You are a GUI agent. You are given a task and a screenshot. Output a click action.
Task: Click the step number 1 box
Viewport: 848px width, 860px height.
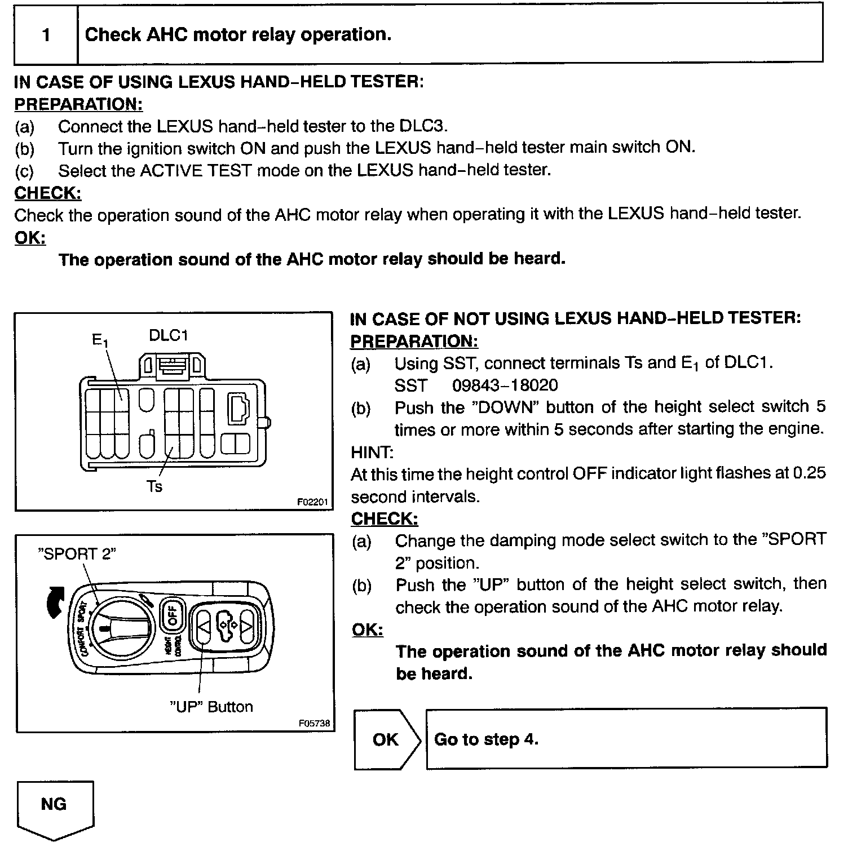click(x=46, y=36)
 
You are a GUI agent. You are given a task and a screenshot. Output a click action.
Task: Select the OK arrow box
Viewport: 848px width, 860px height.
click(x=386, y=739)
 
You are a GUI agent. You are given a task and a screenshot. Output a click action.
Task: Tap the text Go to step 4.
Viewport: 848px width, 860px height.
click(x=486, y=739)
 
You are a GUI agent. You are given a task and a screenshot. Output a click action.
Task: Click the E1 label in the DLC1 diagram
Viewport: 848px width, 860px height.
click(x=99, y=340)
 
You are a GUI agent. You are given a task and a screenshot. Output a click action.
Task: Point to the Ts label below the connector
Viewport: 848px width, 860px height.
click(x=154, y=486)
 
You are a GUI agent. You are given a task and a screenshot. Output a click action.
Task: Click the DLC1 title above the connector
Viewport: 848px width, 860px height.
click(x=168, y=335)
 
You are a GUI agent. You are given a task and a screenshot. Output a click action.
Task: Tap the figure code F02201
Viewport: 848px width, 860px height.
click(x=313, y=502)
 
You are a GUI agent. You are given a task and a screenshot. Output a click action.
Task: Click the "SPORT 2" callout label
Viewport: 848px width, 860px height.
click(x=77, y=553)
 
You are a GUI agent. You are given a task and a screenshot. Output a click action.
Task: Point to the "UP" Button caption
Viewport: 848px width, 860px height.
click(x=211, y=707)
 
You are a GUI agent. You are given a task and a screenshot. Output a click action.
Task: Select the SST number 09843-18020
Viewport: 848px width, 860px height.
click(x=505, y=385)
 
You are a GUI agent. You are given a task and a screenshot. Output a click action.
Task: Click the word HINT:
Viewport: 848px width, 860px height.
click(x=372, y=452)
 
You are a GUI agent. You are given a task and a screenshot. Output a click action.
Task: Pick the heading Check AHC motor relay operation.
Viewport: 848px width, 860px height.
click(x=237, y=35)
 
